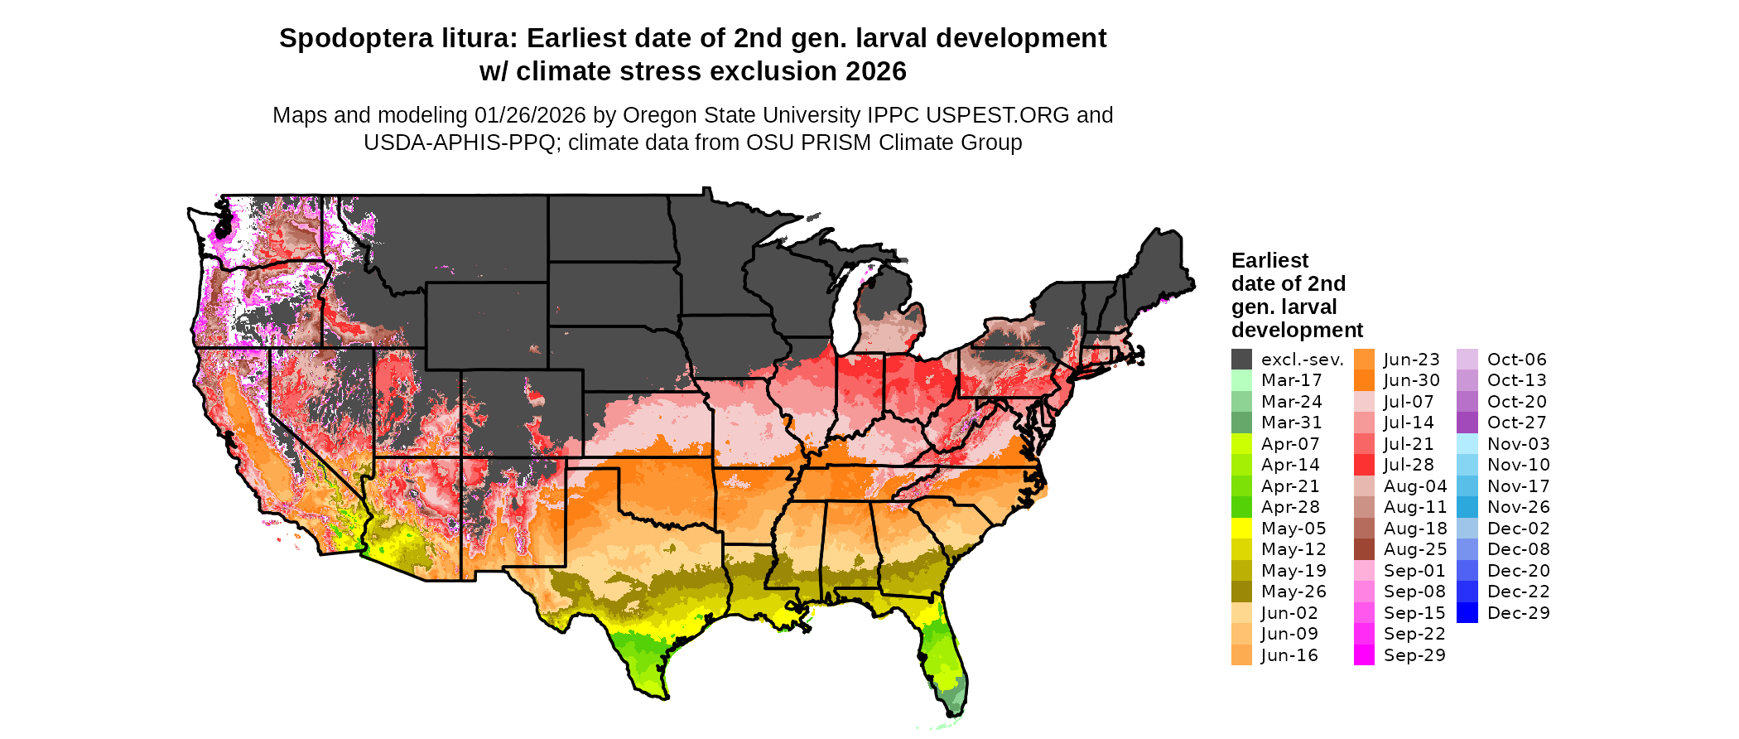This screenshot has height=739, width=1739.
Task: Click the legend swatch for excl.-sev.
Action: tap(1241, 360)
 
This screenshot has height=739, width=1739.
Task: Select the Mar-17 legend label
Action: tap(1291, 380)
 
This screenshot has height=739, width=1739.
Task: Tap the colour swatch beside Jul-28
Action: tap(1364, 465)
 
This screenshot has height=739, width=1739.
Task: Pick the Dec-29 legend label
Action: tap(1518, 613)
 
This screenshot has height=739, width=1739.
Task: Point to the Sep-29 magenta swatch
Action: tap(1364, 655)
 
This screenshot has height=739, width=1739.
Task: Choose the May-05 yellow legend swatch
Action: tap(1241, 529)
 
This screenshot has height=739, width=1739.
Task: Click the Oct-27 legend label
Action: tap(1516, 423)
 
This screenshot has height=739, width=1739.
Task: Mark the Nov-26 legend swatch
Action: tap(1467, 507)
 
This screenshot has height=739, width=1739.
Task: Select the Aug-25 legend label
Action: tap(1415, 549)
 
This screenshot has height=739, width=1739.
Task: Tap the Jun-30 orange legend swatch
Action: tap(1364, 380)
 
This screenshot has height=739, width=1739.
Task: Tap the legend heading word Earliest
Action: tap(1269, 261)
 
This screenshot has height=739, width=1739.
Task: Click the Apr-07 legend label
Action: tap(1290, 444)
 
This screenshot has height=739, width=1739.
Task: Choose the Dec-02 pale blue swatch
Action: tap(1467, 529)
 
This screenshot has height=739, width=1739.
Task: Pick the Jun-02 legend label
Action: tap(1289, 613)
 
